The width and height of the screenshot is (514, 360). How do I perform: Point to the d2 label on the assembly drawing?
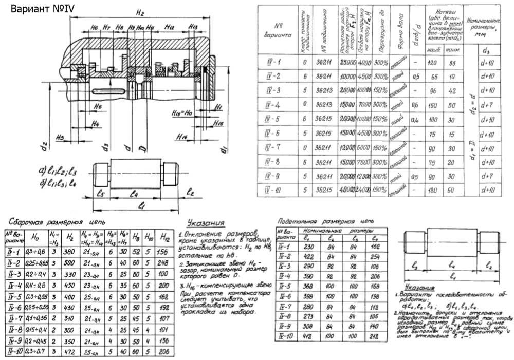tap(45, 146)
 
